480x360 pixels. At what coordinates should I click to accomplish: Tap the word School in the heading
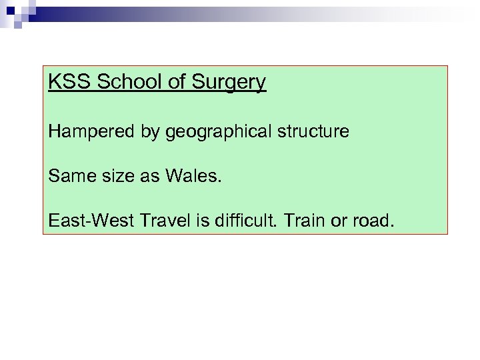coord(119,83)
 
